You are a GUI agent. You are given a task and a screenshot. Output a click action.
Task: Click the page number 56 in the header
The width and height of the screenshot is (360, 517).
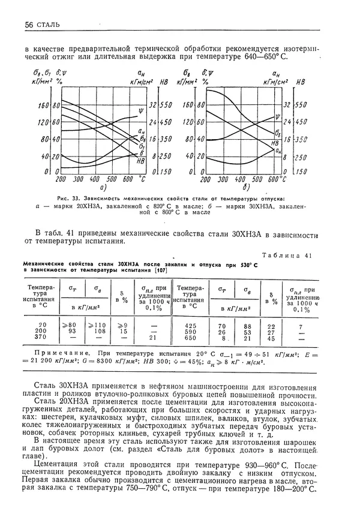29,25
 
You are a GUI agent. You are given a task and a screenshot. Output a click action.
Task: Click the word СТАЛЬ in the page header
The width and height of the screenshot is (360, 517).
47,25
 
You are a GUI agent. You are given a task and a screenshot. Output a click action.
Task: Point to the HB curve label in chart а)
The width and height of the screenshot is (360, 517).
141,161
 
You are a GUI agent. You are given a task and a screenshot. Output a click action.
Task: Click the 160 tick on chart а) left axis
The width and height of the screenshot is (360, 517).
43,105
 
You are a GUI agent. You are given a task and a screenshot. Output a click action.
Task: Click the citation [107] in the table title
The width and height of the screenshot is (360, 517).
160,270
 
